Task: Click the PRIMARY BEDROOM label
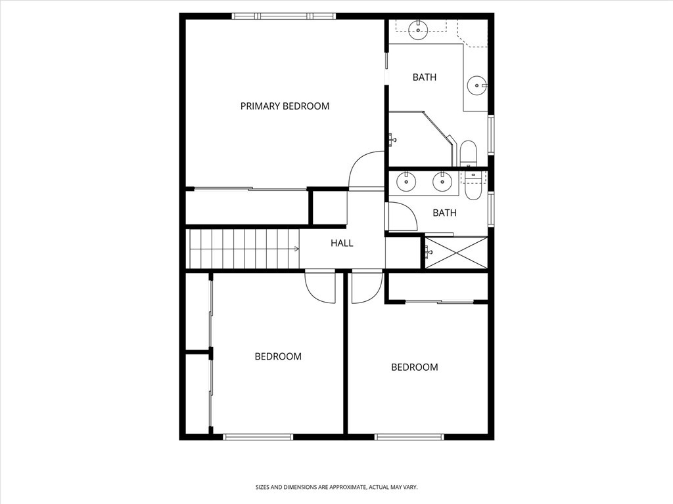tap(285, 106)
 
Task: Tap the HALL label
tap(342, 243)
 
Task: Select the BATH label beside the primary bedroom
tap(425, 77)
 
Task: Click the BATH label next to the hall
tap(444, 213)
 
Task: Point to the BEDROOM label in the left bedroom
tap(278, 356)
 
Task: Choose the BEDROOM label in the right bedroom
tap(415, 367)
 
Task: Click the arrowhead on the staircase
tap(296, 249)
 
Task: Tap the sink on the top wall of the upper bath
tap(417, 30)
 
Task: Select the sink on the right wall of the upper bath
tap(476, 85)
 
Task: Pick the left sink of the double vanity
tap(406, 182)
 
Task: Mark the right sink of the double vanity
tap(442, 182)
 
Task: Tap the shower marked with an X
tap(456, 253)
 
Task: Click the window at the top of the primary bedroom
tap(284, 16)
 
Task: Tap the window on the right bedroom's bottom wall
tap(409, 437)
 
